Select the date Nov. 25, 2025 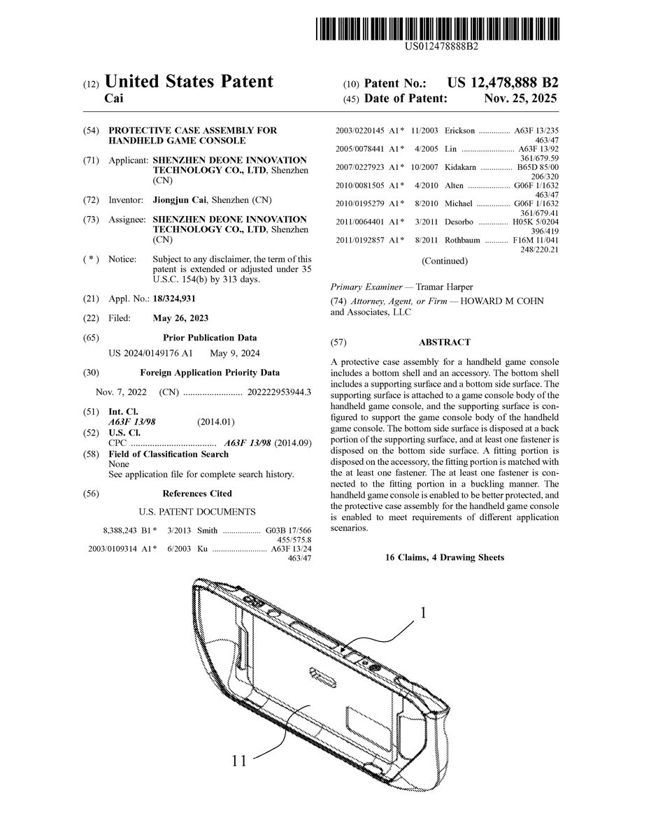click(520, 99)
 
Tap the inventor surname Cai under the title click(114, 99)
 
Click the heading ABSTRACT click(444, 343)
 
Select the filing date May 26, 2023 click(180, 318)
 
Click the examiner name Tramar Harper click(444, 287)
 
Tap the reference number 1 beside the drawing click(422, 613)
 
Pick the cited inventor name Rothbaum click(462, 240)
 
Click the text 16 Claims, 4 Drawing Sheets click(444, 557)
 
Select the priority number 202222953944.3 click(279, 392)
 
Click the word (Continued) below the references click(445, 261)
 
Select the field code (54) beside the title click(91, 131)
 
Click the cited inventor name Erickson click(459, 131)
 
